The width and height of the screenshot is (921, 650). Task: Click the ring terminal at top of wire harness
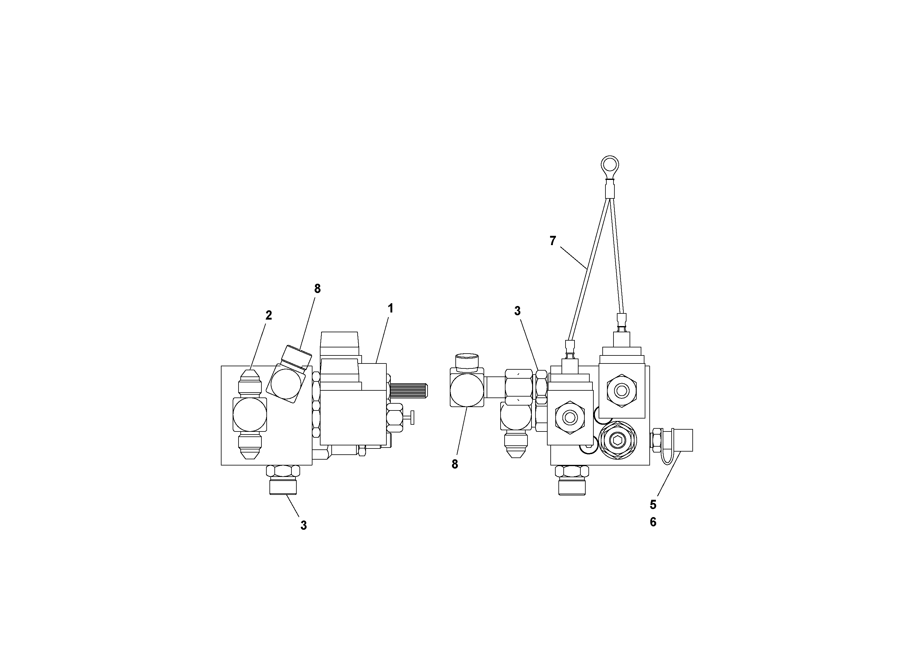coord(609,165)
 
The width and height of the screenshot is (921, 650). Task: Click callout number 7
coord(553,241)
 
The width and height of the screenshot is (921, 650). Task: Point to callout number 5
coord(653,504)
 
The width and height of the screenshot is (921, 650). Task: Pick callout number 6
coord(653,522)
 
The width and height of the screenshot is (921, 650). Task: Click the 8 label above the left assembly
coord(317,289)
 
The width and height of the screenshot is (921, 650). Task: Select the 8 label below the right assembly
coord(454,464)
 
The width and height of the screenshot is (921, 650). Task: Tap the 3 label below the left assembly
coord(304,525)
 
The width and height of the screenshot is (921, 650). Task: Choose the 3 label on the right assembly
coord(518,311)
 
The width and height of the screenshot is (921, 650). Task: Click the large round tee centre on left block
coord(249,414)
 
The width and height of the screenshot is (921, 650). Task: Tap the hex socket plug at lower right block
coord(617,440)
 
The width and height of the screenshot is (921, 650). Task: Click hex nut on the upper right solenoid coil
coord(621,391)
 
